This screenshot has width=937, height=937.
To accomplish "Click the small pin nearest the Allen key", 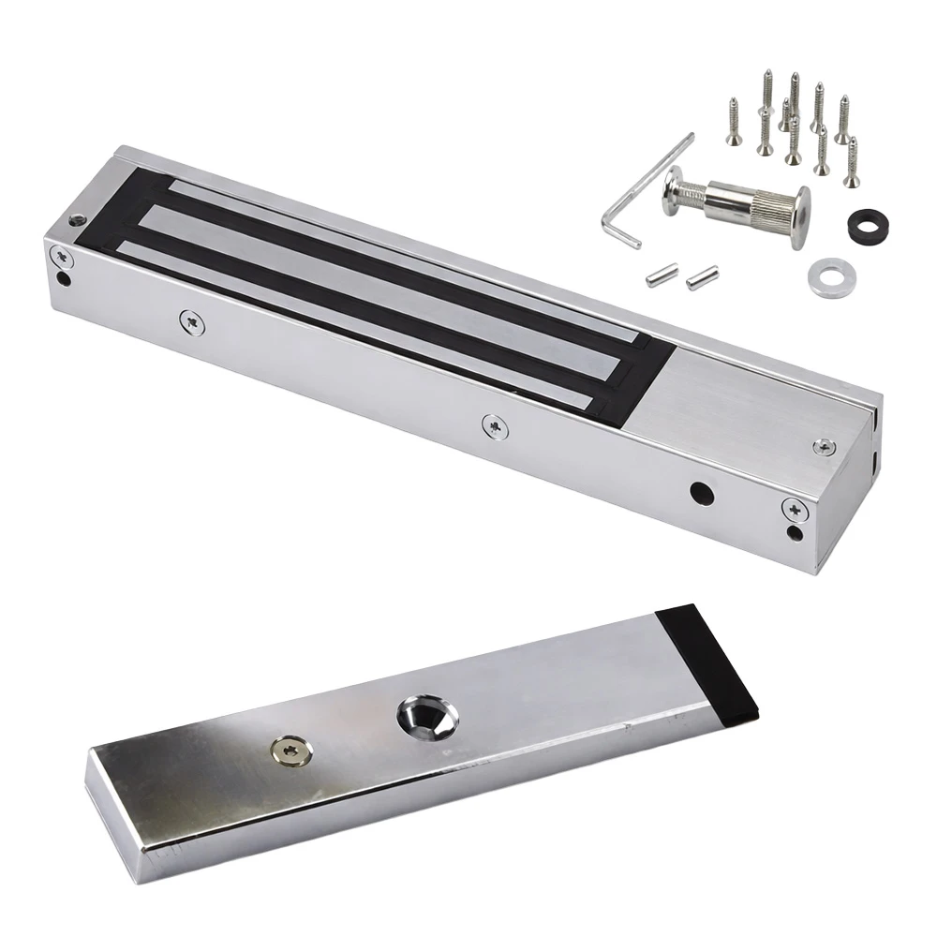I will [x=657, y=275].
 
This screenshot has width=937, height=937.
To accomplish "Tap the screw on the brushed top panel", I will [x=825, y=447].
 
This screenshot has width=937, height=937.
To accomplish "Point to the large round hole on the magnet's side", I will [x=698, y=491].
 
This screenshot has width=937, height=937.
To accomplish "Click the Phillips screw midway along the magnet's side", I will [x=491, y=424].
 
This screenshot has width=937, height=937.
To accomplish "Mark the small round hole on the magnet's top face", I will [x=77, y=222].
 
